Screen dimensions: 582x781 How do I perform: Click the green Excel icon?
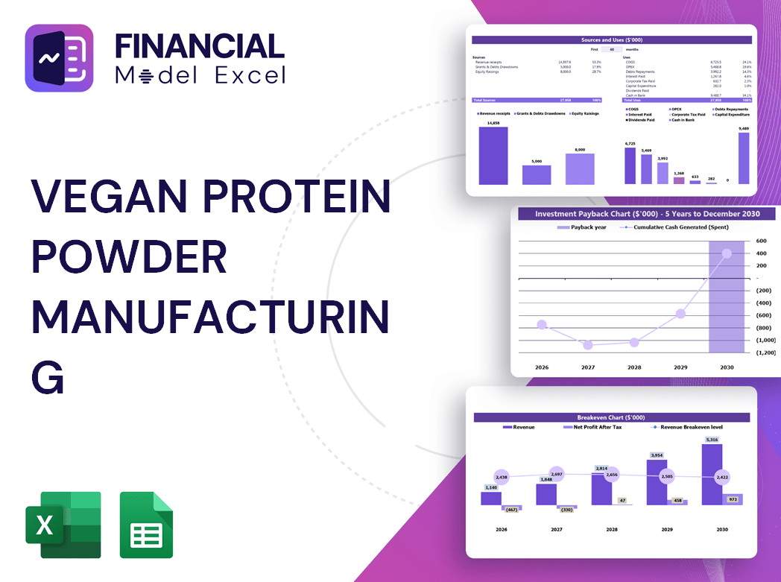click(x=63, y=525)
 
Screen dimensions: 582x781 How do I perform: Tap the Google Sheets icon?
click(x=146, y=525)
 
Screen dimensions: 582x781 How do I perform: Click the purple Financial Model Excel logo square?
click(x=59, y=58)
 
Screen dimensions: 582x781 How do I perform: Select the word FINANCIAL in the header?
click(x=200, y=46)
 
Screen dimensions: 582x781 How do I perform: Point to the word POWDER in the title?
click(x=129, y=258)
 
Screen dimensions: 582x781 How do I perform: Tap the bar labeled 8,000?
click(x=580, y=168)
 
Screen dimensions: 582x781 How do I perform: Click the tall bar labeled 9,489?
click(x=743, y=158)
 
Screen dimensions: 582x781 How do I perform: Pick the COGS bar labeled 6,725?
click(x=630, y=165)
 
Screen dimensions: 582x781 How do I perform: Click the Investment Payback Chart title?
click(x=647, y=214)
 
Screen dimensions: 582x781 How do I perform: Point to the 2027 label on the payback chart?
click(x=588, y=367)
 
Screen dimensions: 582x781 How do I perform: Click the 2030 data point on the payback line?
click(x=727, y=253)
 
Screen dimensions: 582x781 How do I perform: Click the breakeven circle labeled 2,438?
click(x=501, y=477)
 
